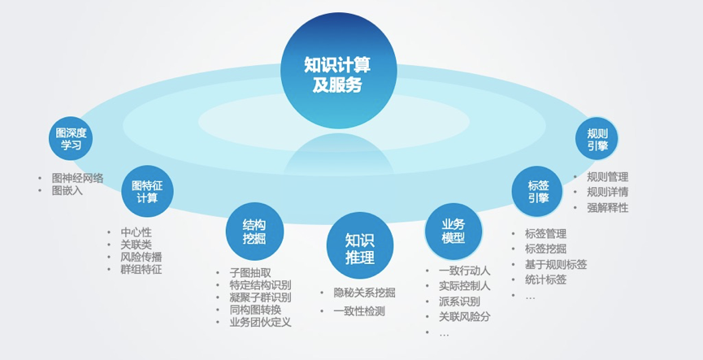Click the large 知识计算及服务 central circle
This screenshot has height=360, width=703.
[339, 71]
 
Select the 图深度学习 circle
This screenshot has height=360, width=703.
[71, 138]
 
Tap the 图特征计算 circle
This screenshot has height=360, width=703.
[147, 192]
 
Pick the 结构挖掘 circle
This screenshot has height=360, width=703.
[254, 232]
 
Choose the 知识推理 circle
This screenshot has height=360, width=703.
[360, 245]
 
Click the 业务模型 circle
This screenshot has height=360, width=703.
[453, 232]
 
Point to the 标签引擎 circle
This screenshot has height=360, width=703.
[537, 192]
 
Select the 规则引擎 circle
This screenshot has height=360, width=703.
[597, 138]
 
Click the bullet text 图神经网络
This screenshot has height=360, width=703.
[77, 179]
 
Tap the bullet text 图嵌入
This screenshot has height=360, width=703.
[67, 190]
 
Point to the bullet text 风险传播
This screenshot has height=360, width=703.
[141, 258]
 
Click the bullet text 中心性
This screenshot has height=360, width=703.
[137, 232]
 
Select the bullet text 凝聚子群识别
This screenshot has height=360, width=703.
[261, 297]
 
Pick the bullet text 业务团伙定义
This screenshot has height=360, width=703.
[261, 323]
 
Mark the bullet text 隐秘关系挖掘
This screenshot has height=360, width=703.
[364, 293]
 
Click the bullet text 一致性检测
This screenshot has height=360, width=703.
[359, 311]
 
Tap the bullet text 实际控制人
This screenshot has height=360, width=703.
[465, 286]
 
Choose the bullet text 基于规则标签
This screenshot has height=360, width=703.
[556, 264]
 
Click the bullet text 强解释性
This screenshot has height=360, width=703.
[608, 207]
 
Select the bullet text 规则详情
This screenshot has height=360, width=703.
[608, 192]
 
